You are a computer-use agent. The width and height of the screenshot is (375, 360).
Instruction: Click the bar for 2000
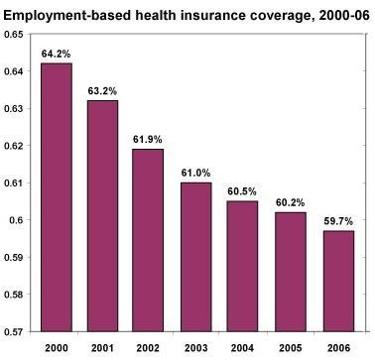pyautogui.click(x=57, y=197)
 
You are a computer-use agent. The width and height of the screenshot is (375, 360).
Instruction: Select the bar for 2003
pyautogui.click(x=196, y=257)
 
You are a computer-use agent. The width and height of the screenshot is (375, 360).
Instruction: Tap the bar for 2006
pyautogui.click(x=338, y=281)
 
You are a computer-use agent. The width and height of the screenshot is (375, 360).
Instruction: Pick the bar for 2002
pyautogui.click(x=148, y=240)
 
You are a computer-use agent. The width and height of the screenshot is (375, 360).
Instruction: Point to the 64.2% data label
pyautogui.click(x=56, y=54)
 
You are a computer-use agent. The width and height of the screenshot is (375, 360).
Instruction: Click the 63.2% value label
pyautogui.click(x=102, y=91)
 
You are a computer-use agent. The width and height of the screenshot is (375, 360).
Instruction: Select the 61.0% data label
pyautogui.click(x=195, y=173)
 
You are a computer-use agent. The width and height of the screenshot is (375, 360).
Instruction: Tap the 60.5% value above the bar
pyautogui.click(x=242, y=191)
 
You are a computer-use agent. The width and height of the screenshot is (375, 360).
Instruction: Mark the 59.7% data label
pyautogui.click(x=338, y=221)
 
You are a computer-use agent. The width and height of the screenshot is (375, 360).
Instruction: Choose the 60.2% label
pyautogui.click(x=290, y=202)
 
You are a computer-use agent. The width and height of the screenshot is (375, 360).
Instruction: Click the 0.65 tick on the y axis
pyautogui.click(x=14, y=35)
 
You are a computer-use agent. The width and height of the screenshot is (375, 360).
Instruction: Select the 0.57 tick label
pyautogui.click(x=14, y=331)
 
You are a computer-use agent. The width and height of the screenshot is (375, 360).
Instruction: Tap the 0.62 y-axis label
pyautogui.click(x=14, y=146)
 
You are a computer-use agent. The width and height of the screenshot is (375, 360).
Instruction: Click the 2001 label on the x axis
pyautogui.click(x=102, y=348)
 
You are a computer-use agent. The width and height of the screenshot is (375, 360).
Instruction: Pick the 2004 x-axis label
pyautogui.click(x=242, y=348)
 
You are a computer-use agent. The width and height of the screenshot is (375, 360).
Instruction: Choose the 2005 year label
pyautogui.click(x=290, y=348)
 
